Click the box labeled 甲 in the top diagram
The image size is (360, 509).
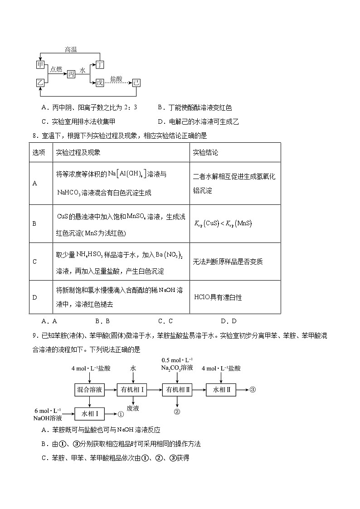40,65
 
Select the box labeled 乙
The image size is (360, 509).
40,82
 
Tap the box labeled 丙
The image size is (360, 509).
71,74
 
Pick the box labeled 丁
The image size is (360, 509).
100,65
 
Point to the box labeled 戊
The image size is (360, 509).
100,82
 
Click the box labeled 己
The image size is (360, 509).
136,82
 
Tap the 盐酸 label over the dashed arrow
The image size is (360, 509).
116,78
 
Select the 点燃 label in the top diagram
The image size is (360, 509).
56,69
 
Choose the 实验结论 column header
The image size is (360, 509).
205,153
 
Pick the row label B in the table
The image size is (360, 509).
35,223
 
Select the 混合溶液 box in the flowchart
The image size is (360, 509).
89,389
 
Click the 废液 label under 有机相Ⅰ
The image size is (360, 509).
133,408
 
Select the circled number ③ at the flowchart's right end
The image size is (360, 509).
253,389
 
